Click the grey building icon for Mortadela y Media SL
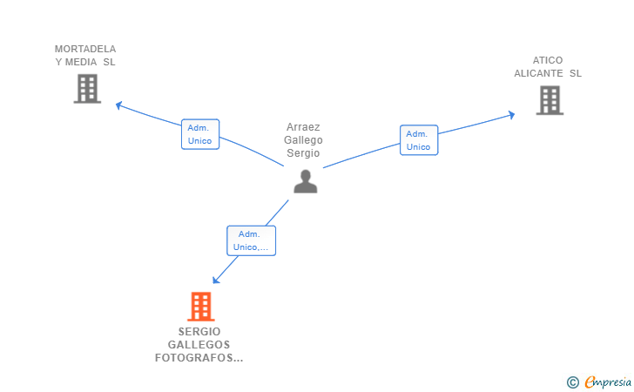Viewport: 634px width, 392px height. [87, 88]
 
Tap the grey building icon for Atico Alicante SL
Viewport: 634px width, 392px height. [550, 100]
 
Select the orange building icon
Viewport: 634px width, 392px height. [201, 307]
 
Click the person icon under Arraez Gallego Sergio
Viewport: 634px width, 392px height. [305, 181]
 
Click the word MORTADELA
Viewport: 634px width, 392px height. [85, 49]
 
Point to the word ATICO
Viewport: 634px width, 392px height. [548, 60]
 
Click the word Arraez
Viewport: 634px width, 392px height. [303, 127]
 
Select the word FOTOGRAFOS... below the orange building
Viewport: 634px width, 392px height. [199, 358]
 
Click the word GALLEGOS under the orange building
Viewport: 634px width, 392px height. [199, 345]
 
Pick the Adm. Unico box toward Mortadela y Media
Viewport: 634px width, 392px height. [199, 134]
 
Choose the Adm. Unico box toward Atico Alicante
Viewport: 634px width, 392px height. [419, 140]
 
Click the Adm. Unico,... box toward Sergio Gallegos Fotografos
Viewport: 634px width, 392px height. [251, 240]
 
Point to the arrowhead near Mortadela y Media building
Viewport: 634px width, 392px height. [118, 105]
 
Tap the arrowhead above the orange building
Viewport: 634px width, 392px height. [216, 280]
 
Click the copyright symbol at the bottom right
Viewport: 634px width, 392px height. [572, 382]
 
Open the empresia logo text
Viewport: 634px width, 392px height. [608, 382]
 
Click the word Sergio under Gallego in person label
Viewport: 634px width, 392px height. [303, 153]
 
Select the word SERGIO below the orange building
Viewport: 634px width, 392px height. [199, 332]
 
